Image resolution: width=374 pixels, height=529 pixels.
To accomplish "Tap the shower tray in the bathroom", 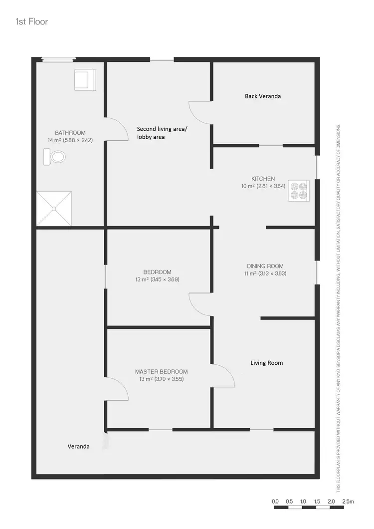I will [x=54, y=209].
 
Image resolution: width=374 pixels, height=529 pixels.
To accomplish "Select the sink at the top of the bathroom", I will [x=84, y=80].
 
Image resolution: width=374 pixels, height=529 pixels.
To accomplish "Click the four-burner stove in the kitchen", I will [x=299, y=191].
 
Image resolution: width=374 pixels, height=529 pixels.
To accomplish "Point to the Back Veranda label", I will [x=263, y=96].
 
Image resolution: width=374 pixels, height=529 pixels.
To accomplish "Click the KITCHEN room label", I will [x=263, y=179].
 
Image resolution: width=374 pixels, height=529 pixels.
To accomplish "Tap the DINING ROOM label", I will [x=265, y=266].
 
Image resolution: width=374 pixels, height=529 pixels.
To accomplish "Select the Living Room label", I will [x=266, y=363].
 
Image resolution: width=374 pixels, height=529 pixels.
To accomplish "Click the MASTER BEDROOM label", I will [x=162, y=372].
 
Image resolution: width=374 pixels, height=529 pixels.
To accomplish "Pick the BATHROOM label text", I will [x=70, y=133].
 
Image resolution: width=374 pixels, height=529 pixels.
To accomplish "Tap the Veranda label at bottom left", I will [x=79, y=446].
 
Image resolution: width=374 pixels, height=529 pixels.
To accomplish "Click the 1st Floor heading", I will [x=32, y=22].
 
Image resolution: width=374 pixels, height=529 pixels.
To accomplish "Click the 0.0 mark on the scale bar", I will [x=275, y=501].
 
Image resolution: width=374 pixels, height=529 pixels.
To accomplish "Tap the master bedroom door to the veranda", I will [x=117, y=389].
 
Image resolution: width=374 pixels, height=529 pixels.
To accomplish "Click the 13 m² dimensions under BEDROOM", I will [x=158, y=279].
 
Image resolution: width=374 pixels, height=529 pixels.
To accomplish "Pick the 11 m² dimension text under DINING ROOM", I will [x=265, y=273].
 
